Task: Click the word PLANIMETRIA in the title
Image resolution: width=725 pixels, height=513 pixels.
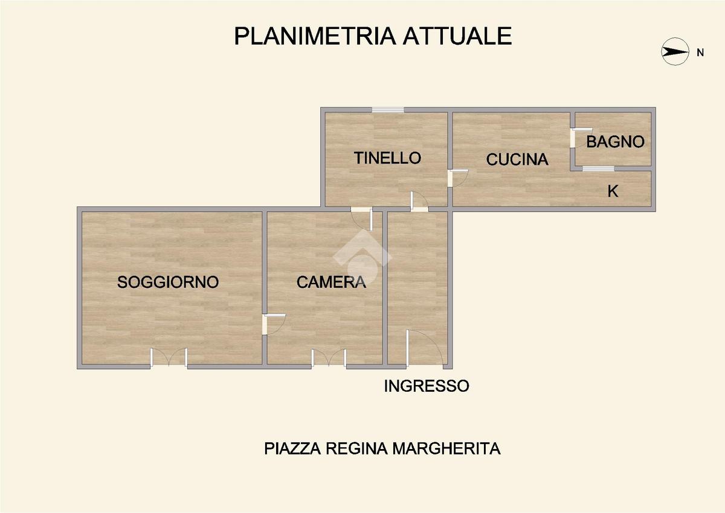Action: (x=315, y=36)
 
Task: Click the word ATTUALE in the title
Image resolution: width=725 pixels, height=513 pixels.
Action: (x=457, y=36)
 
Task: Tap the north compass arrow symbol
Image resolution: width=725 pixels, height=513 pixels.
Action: (x=675, y=52)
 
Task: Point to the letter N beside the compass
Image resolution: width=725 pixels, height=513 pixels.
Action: (x=700, y=53)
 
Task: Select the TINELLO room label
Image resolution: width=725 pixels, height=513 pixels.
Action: (x=387, y=158)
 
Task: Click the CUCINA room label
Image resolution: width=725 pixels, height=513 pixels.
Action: (x=517, y=160)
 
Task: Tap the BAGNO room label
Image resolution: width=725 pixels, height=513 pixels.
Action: (x=615, y=142)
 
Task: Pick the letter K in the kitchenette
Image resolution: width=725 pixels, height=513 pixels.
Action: (x=613, y=191)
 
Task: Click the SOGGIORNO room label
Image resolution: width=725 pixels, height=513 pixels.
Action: (x=168, y=282)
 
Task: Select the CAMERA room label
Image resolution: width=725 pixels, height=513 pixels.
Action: (x=331, y=282)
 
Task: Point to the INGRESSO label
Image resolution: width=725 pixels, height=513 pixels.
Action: (x=427, y=386)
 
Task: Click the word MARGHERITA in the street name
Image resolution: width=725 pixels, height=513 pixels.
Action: (x=446, y=448)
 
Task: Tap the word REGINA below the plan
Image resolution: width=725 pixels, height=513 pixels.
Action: (x=356, y=448)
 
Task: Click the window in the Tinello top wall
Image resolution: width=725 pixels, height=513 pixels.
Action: (x=388, y=110)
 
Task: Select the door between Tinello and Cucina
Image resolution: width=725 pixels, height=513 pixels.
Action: (x=457, y=178)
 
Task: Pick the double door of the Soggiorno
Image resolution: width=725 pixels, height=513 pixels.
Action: (x=169, y=358)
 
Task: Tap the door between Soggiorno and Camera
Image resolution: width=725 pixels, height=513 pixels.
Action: (x=273, y=324)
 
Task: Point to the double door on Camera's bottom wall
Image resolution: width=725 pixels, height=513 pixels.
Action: (x=329, y=358)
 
